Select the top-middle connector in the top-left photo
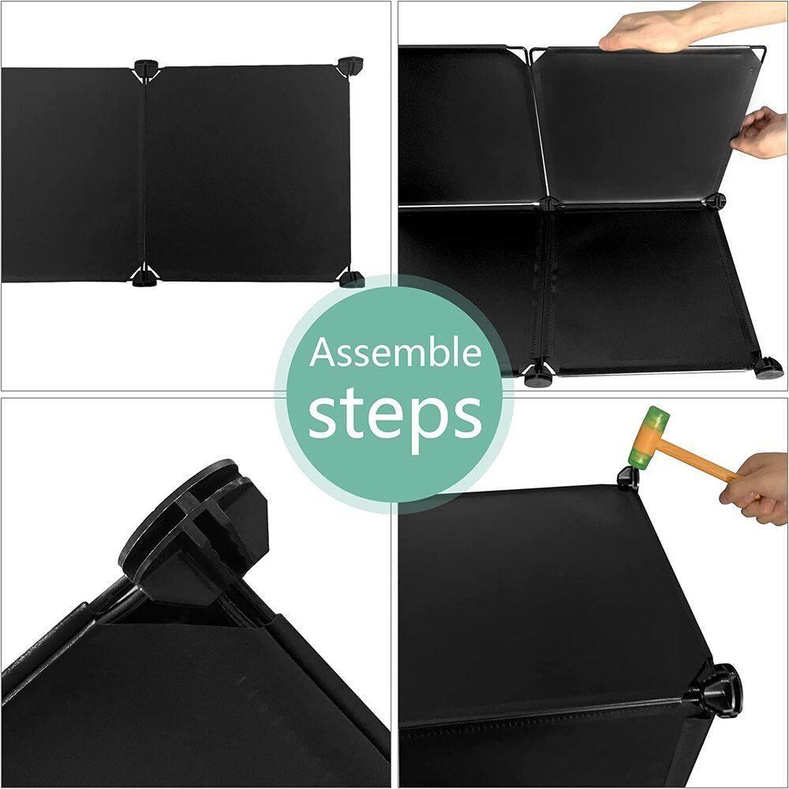(x=147, y=67)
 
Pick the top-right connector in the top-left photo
(x=350, y=63)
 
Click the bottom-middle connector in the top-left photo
(x=145, y=277)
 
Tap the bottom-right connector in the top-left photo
(x=352, y=279)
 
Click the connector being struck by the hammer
(x=627, y=477)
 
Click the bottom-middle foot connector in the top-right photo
(x=537, y=375)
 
